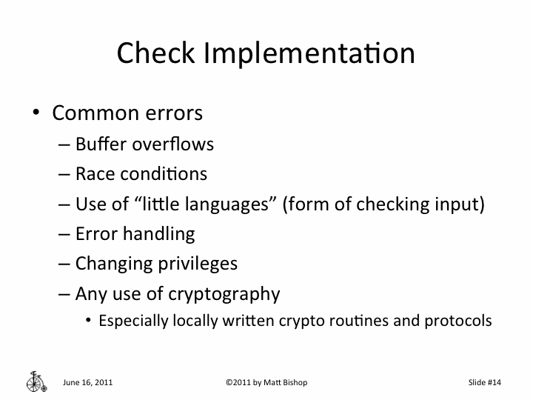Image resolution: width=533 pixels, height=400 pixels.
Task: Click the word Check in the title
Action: [x=156, y=53]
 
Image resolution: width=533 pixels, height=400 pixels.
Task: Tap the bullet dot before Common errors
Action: [x=35, y=113]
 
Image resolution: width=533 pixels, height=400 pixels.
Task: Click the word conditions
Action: [x=161, y=174]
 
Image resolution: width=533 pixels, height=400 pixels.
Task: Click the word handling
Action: [x=158, y=234]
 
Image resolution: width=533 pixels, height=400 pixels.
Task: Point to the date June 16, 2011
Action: [x=88, y=382]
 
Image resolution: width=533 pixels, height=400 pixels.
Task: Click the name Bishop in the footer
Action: [x=292, y=382]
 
